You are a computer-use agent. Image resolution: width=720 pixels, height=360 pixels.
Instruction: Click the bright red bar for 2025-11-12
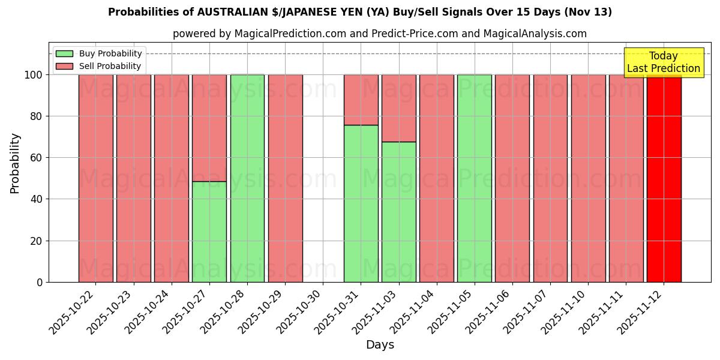pyautogui.click(x=664, y=178)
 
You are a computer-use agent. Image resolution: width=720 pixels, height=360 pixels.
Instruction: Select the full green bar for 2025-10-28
pyautogui.click(x=247, y=178)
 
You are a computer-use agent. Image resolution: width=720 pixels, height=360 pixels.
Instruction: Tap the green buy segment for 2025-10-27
pyautogui.click(x=209, y=232)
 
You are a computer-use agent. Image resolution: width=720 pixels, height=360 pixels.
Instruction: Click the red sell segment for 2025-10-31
pyautogui.click(x=361, y=100)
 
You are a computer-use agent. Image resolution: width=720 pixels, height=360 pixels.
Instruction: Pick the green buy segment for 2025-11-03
pyautogui.click(x=398, y=212)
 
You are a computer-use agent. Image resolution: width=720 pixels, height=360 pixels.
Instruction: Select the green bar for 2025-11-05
pyautogui.click(x=474, y=178)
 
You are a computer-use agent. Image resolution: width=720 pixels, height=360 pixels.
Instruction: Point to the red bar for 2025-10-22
pyautogui.click(x=96, y=178)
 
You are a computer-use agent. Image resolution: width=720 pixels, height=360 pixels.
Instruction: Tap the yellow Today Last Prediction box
pyautogui.click(x=664, y=62)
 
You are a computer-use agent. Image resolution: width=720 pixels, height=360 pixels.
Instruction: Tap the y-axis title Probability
pyautogui.click(x=15, y=163)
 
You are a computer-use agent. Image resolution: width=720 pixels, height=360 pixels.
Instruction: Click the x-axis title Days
pyautogui.click(x=380, y=345)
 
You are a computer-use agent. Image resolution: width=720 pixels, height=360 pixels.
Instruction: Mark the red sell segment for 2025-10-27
pyautogui.click(x=209, y=128)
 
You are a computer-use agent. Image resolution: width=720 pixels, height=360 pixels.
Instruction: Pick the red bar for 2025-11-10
pyautogui.click(x=588, y=178)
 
